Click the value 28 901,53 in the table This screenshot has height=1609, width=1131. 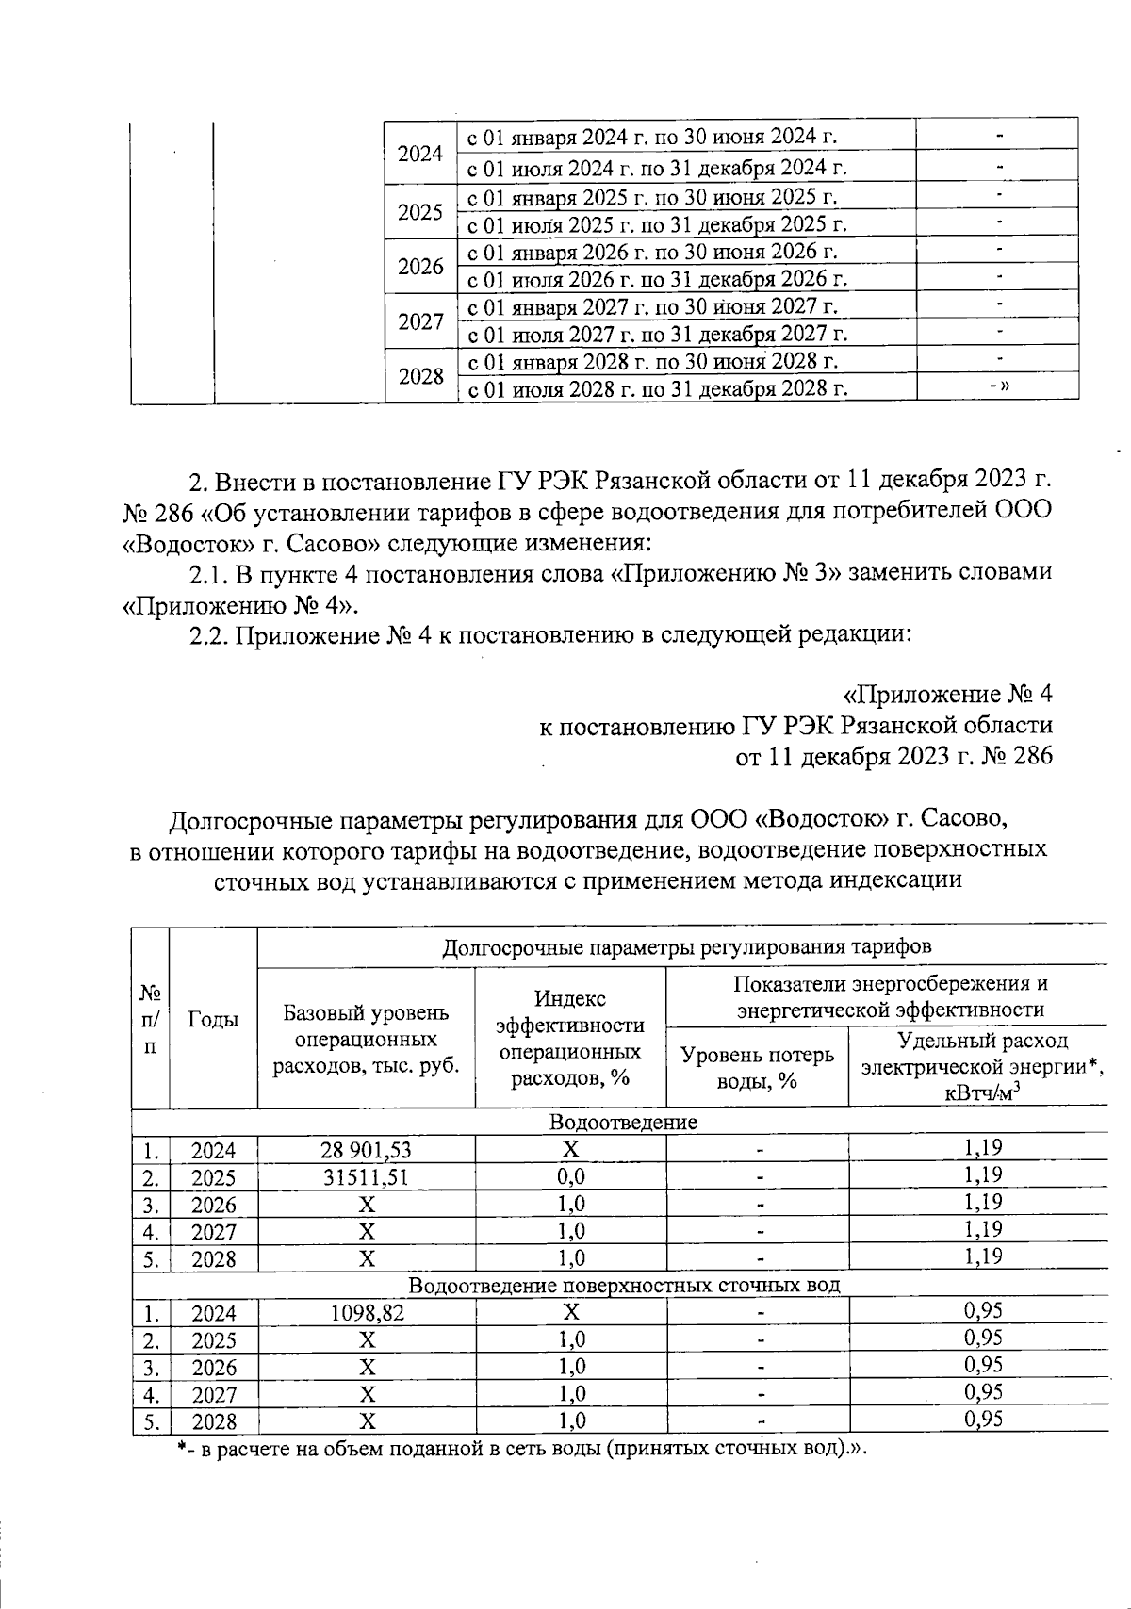point(366,1150)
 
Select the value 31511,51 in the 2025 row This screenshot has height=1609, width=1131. point(366,1177)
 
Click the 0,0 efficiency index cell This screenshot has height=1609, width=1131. point(570,1177)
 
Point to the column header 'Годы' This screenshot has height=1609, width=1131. point(213,1019)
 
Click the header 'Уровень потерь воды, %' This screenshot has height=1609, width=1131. point(757,1067)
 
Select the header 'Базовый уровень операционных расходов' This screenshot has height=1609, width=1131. point(366,1040)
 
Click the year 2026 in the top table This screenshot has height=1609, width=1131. point(420,267)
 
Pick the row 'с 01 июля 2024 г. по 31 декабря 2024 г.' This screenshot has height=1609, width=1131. point(657,169)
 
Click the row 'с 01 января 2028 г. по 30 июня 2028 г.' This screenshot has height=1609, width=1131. point(653,362)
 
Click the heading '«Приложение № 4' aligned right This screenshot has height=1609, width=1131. point(946,695)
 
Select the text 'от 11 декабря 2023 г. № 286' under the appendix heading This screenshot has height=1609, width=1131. point(893,757)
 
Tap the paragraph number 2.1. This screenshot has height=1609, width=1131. point(207,573)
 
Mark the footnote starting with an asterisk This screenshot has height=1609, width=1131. point(520,1449)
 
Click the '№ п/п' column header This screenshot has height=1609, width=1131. point(150,1019)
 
